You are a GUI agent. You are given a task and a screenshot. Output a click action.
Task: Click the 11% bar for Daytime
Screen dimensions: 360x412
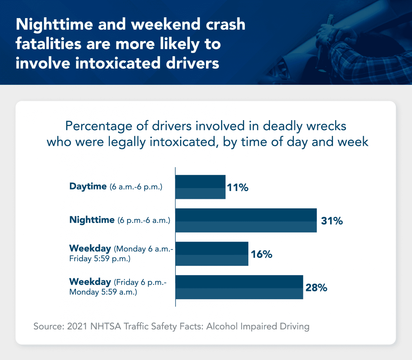tap(200, 187)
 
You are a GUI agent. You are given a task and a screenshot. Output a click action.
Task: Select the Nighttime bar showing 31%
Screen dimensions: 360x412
tap(246, 220)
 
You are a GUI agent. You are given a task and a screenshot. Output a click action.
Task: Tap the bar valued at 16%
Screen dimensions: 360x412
tap(212, 254)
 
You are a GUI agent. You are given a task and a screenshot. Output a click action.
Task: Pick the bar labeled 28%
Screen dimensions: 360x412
tap(239, 287)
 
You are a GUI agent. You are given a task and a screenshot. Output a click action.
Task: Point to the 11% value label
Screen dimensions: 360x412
tap(237, 188)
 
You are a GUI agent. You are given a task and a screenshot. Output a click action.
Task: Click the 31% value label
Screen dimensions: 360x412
tap(332, 221)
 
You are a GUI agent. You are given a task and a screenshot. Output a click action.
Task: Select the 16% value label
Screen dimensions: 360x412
tap(261, 254)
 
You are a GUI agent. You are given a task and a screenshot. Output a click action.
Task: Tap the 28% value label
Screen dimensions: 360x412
tap(316, 288)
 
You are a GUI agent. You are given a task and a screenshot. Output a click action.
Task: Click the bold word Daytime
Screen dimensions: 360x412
tap(88, 186)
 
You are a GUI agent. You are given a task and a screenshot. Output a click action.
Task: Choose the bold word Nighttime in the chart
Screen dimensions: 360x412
tap(92, 220)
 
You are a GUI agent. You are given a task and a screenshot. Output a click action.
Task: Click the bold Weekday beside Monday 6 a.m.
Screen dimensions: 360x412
tap(90, 248)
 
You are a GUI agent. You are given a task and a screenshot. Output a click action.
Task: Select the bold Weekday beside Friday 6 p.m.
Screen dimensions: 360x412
tap(90, 282)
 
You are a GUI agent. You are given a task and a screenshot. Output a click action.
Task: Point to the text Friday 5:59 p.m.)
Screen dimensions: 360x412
tap(100, 259)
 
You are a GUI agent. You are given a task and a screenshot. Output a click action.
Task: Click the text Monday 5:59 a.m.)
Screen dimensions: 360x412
tap(103, 292)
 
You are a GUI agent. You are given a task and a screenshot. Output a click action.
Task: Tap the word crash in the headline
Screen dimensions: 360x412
tap(225, 24)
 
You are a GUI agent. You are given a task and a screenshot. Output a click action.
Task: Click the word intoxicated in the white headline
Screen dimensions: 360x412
tap(118, 63)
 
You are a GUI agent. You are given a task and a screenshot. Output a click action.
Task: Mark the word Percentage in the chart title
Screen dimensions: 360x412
tap(99, 126)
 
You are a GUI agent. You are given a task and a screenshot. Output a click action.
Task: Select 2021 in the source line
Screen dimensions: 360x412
tap(77, 326)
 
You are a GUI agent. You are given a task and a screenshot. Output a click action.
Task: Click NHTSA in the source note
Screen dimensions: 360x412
tap(105, 326)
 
